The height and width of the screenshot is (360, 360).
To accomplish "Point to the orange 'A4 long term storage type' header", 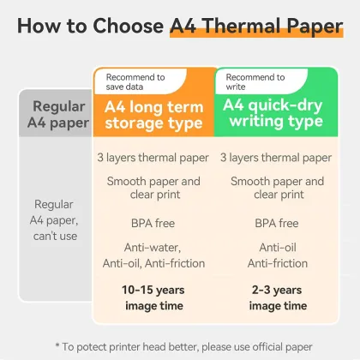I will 153,115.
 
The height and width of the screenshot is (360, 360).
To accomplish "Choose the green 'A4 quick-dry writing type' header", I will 276,115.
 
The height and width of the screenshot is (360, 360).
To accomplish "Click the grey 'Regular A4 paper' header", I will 57,115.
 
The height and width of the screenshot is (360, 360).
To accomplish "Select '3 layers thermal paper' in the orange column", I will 153,158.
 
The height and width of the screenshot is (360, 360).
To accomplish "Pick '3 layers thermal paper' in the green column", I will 276,158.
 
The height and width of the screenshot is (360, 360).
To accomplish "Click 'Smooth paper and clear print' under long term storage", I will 153,189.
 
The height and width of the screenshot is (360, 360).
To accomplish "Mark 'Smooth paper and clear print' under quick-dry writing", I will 276,189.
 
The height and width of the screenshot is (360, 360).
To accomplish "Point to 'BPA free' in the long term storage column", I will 153,223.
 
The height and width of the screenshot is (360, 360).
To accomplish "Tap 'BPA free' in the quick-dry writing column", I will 276,223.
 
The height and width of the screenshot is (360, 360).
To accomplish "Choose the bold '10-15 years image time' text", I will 153,298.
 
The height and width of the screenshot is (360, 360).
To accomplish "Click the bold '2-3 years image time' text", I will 276,298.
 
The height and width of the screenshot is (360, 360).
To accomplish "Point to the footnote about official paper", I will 180,345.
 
